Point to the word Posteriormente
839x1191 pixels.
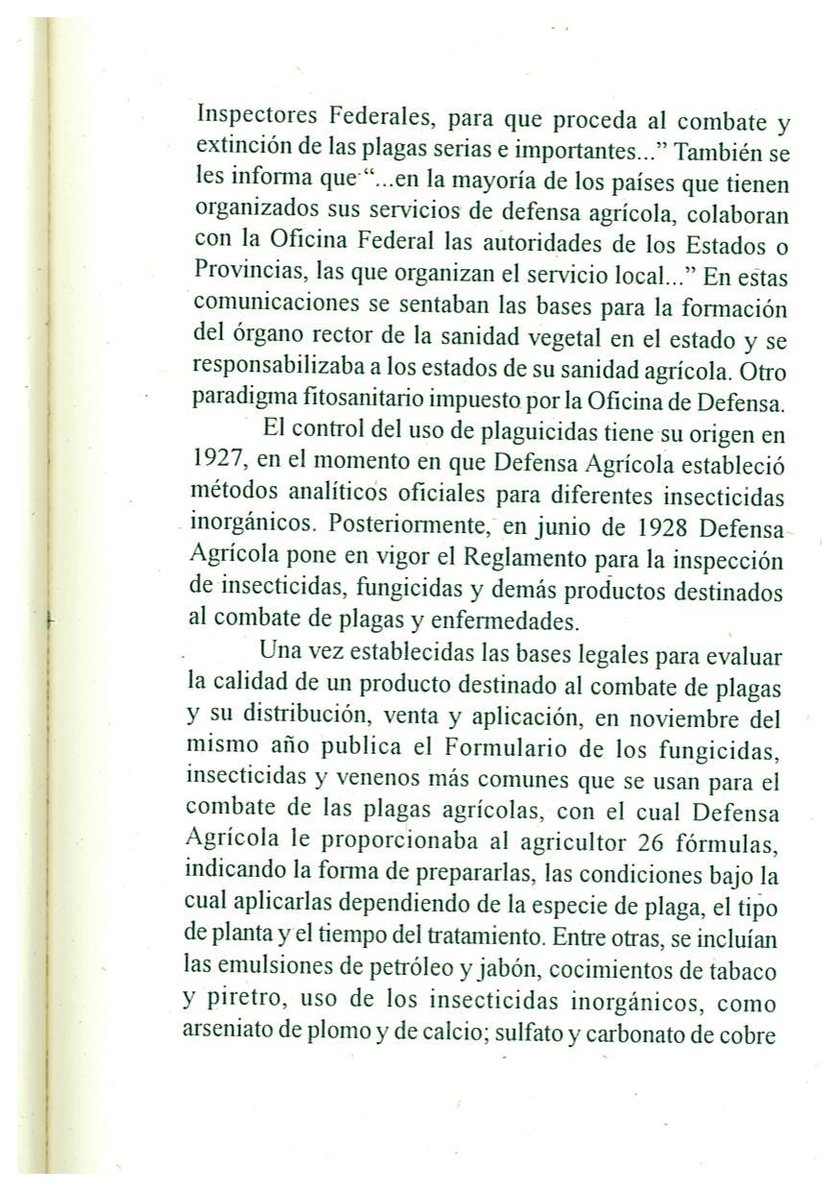click(402, 526)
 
